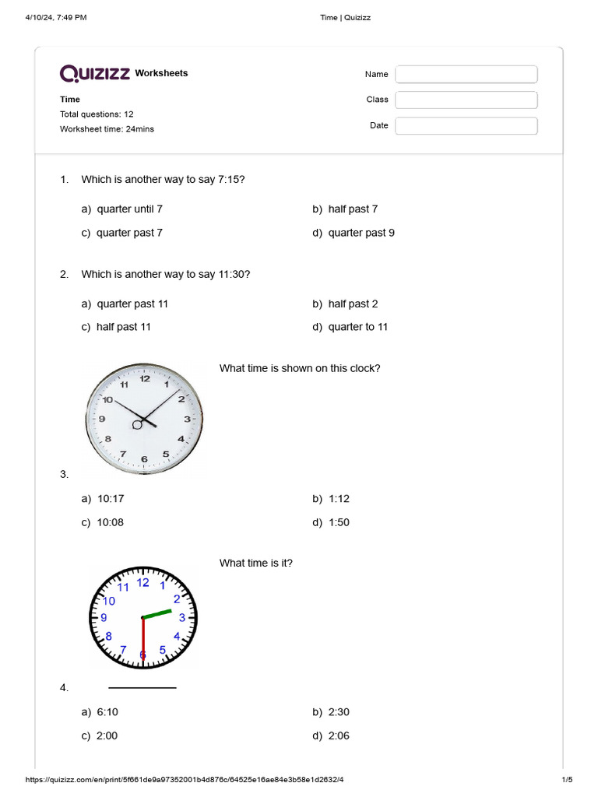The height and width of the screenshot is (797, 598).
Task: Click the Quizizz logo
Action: (x=96, y=73)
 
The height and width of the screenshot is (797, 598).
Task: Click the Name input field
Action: (x=466, y=74)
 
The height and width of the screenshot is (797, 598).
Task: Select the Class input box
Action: (x=466, y=100)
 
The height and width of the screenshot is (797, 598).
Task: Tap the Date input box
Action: (x=466, y=125)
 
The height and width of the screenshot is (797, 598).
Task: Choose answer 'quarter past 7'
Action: (x=129, y=233)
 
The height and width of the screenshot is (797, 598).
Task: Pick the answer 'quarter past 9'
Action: (x=361, y=233)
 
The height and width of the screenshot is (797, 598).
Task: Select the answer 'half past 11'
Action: (x=123, y=327)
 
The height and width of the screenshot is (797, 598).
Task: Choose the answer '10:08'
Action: (x=110, y=522)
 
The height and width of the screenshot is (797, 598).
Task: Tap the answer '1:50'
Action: (x=339, y=522)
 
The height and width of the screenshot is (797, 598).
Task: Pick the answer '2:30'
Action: (x=339, y=711)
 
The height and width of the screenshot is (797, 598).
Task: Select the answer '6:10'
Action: (x=107, y=711)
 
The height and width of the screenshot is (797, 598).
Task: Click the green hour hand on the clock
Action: (x=158, y=613)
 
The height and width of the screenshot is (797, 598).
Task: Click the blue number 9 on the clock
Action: (x=104, y=618)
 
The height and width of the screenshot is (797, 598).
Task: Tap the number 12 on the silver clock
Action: (x=145, y=379)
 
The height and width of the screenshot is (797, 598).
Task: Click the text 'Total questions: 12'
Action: (x=97, y=114)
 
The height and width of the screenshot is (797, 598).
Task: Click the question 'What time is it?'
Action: (x=256, y=563)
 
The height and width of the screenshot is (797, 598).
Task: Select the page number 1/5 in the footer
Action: (x=567, y=780)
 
